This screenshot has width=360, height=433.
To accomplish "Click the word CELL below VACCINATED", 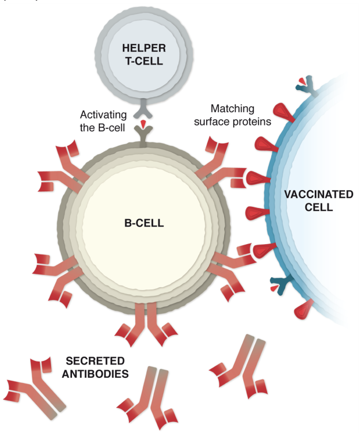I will coord(318,207).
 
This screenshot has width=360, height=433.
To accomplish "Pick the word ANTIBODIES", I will coord(97,374).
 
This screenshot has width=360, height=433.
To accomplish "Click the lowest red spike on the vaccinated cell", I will coord(304,308).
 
